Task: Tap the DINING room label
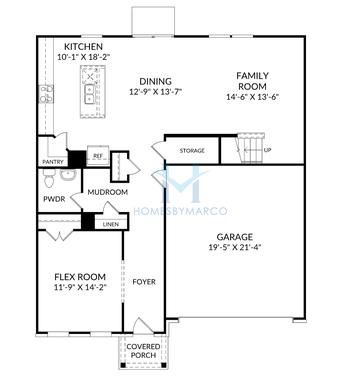[x=155, y=81]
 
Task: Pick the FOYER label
[x=144, y=282]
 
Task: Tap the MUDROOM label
[x=107, y=191]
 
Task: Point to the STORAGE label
[x=192, y=151]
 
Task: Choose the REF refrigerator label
[x=98, y=156]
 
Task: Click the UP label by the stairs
[x=266, y=151]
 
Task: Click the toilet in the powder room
[x=67, y=175]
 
